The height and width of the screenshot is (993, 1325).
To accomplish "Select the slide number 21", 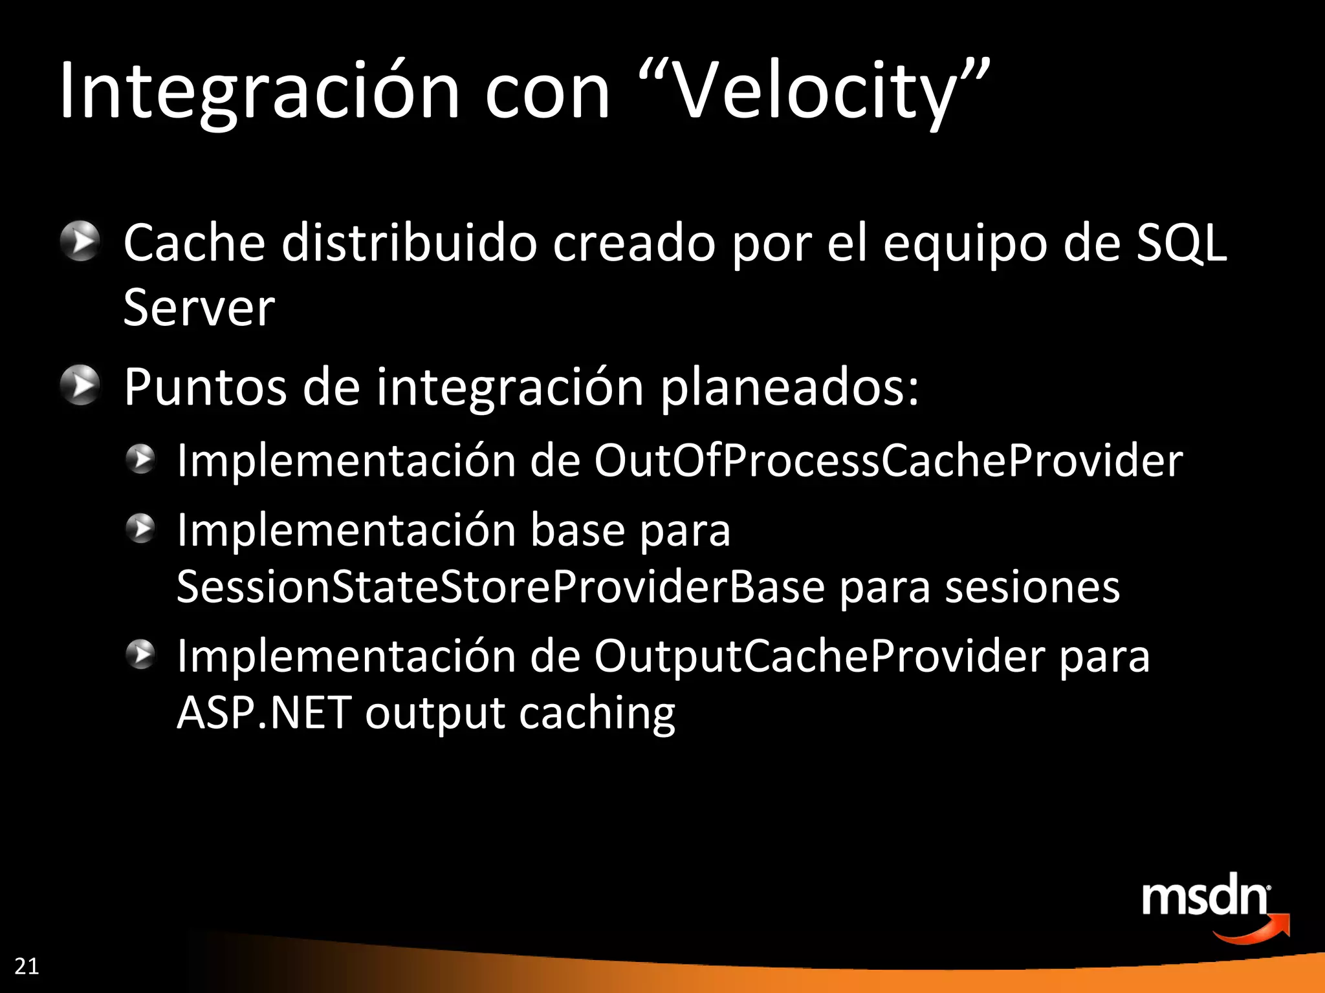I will click(x=27, y=966).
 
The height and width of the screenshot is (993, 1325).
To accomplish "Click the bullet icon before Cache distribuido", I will click(x=80, y=242).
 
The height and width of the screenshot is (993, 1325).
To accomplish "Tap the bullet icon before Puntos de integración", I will click(x=80, y=385).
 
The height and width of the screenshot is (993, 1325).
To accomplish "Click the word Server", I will click(x=199, y=308).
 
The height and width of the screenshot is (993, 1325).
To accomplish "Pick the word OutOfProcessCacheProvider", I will click(x=888, y=460).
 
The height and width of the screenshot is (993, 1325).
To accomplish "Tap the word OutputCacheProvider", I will click(x=819, y=656).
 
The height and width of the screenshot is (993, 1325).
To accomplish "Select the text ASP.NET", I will click(x=264, y=713).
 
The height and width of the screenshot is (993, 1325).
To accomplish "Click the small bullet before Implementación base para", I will click(x=140, y=529).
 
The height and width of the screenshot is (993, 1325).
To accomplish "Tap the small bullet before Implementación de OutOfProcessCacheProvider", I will click(x=140, y=460).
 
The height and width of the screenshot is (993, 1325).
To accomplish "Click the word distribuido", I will click(x=409, y=243).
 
